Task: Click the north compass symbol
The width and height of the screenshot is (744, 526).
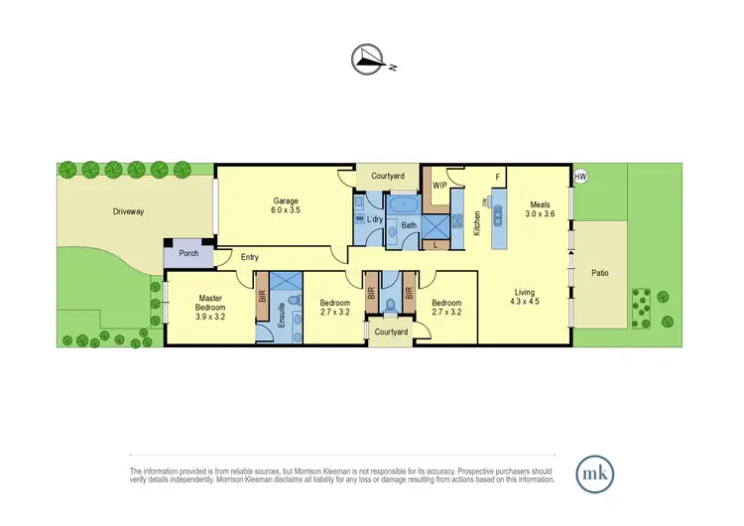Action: [369, 61]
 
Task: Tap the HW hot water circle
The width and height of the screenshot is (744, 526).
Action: [580, 177]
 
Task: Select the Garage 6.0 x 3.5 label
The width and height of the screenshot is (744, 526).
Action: [286, 205]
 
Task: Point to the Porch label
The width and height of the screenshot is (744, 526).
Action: [188, 253]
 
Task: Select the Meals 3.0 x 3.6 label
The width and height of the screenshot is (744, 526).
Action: [540, 210]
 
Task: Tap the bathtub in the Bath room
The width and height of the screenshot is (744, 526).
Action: [406, 206]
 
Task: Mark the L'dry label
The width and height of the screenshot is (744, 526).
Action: [375, 219]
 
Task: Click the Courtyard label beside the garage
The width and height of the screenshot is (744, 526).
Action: [388, 176]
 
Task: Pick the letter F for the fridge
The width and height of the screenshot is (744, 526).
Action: [498, 177]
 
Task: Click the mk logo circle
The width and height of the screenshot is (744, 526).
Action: [596, 470]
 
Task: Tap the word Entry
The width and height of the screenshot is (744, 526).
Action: [250, 258]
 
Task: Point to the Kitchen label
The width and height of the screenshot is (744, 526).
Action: [477, 225]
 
